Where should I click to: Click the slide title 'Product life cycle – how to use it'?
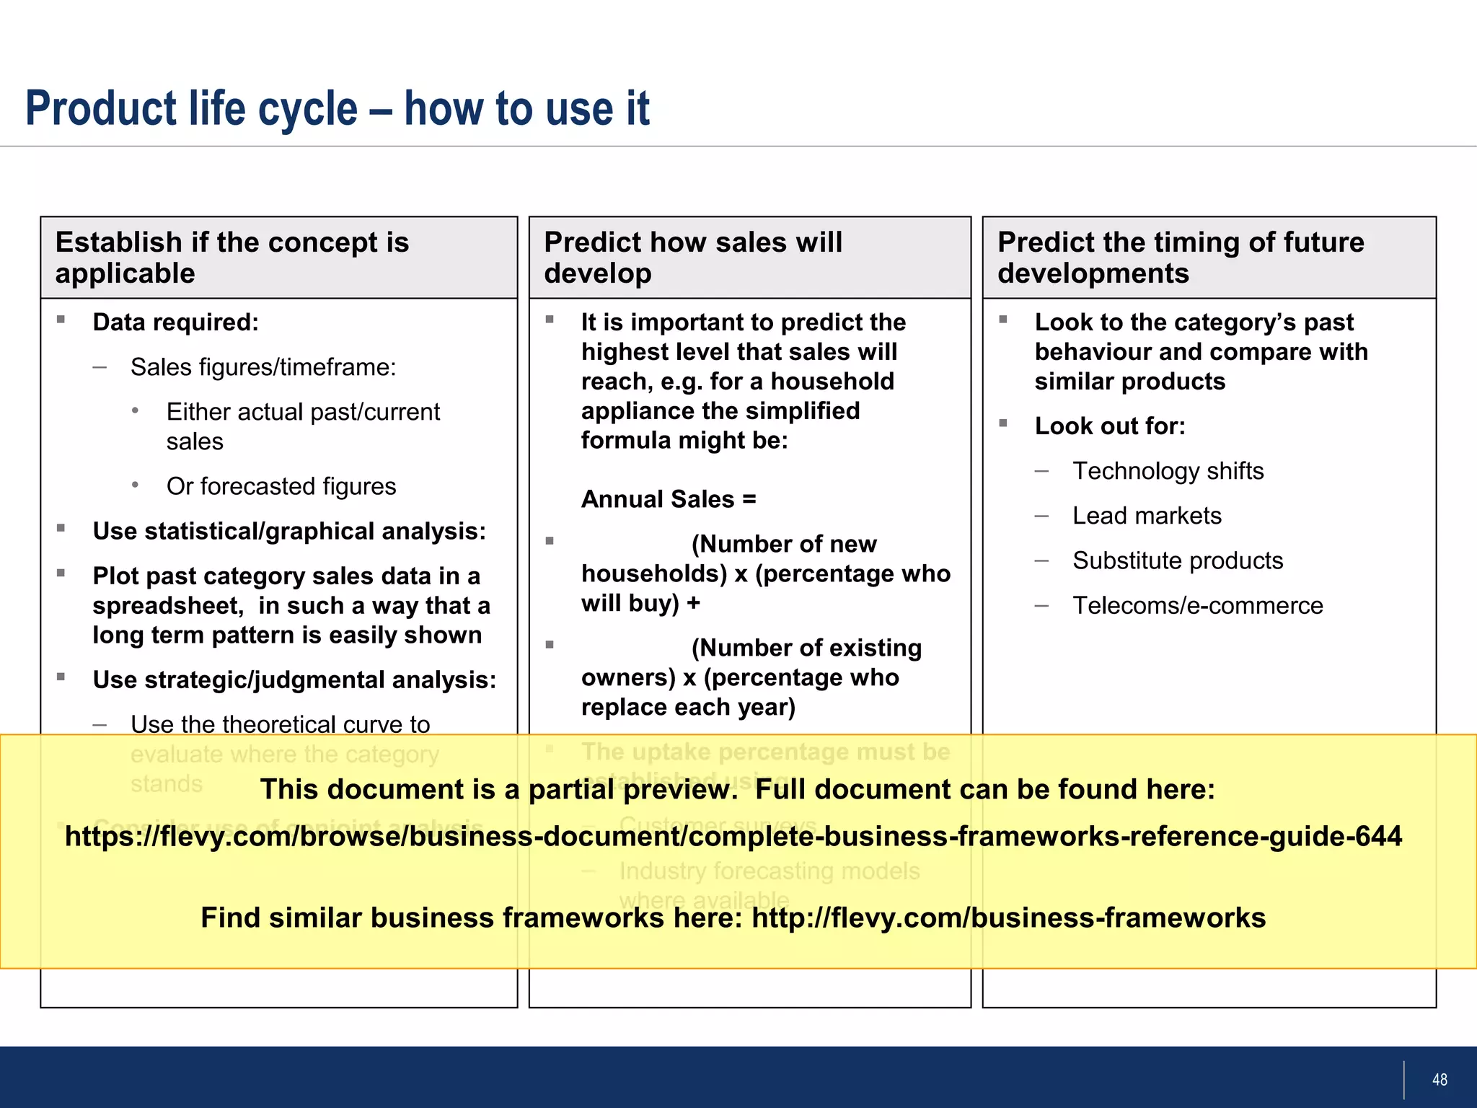(337, 108)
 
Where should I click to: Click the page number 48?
(1439, 1080)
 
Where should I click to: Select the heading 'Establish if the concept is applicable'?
(232, 258)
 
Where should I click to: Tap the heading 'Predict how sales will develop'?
(692, 258)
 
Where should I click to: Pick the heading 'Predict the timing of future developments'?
(1180, 258)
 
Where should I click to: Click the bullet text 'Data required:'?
(175, 322)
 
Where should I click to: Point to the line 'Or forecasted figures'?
(281, 486)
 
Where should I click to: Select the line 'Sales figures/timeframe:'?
(263, 367)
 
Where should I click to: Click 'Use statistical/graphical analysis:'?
(289, 531)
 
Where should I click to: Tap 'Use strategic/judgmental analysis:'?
(294, 680)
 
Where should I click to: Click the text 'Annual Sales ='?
(669, 499)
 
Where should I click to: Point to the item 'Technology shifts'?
(1168, 471)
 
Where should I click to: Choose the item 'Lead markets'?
(1147, 516)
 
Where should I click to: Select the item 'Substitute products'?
(1178, 560)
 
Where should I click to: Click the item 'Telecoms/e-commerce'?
(1197, 605)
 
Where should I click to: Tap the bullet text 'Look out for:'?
(1109, 426)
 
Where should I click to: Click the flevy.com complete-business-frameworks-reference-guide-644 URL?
(733, 836)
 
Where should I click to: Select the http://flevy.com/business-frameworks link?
(1008, 918)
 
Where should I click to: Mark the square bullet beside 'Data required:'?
(61, 320)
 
